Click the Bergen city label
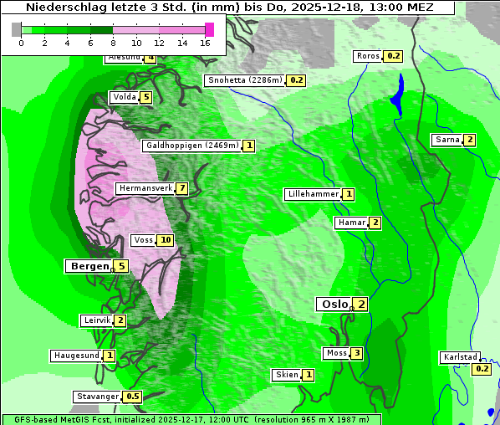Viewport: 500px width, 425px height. coord(88,266)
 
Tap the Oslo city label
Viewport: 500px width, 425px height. coord(334,305)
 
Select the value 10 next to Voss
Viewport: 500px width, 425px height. coord(166,241)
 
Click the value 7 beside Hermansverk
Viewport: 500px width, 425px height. coord(181,189)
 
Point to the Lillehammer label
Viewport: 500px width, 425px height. coord(313,194)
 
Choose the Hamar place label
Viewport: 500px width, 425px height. coord(350,223)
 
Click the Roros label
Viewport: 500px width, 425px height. coord(367,56)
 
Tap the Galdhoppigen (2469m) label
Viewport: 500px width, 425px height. coord(192,146)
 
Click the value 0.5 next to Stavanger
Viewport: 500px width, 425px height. coord(133,397)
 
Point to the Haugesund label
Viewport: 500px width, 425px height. coord(77,356)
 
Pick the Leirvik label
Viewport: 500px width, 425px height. coord(96,320)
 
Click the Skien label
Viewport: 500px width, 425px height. coord(287,375)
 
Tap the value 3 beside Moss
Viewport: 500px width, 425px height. coord(357,353)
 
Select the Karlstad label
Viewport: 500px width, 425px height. coord(461,357)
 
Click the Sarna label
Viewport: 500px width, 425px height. coord(446,140)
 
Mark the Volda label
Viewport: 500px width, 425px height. coord(124,97)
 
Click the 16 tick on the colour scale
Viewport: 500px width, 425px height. coord(206,42)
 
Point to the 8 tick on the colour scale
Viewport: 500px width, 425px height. coord(113,42)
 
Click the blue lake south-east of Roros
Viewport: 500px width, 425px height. coord(397,94)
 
